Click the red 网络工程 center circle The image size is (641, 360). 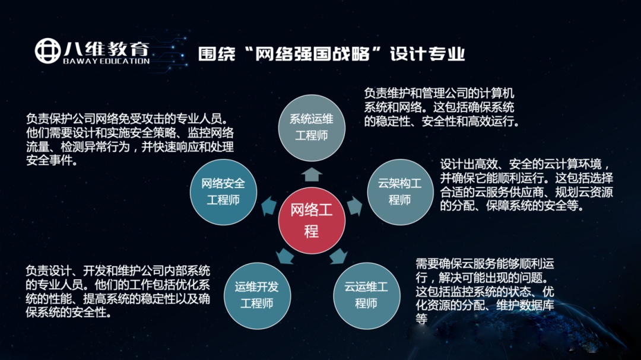pyautogui.click(x=312, y=221)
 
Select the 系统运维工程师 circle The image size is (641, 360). pyautogui.click(x=312, y=128)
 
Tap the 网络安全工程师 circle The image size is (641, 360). pyautogui.click(x=223, y=192)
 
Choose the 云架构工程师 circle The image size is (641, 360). pyautogui.click(x=400, y=192)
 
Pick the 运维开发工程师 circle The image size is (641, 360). pyautogui.click(x=257, y=295)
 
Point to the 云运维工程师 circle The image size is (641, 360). pyautogui.click(x=366, y=295)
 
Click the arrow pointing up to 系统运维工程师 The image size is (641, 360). pyautogui.click(x=312, y=174)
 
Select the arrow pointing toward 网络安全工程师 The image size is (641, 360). pyautogui.click(x=269, y=206)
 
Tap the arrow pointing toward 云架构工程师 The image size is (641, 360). pyautogui.click(x=354, y=206)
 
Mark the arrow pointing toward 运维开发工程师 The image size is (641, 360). pyautogui.click(x=285, y=256)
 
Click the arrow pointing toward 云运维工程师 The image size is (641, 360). pyautogui.click(x=338, y=256)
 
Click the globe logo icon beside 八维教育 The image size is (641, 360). pyautogui.click(x=48, y=51)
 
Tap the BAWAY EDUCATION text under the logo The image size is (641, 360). pyautogui.click(x=106, y=61)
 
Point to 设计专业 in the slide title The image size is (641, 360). pyautogui.click(x=427, y=54)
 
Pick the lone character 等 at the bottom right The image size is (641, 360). pyautogui.click(x=421, y=318)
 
